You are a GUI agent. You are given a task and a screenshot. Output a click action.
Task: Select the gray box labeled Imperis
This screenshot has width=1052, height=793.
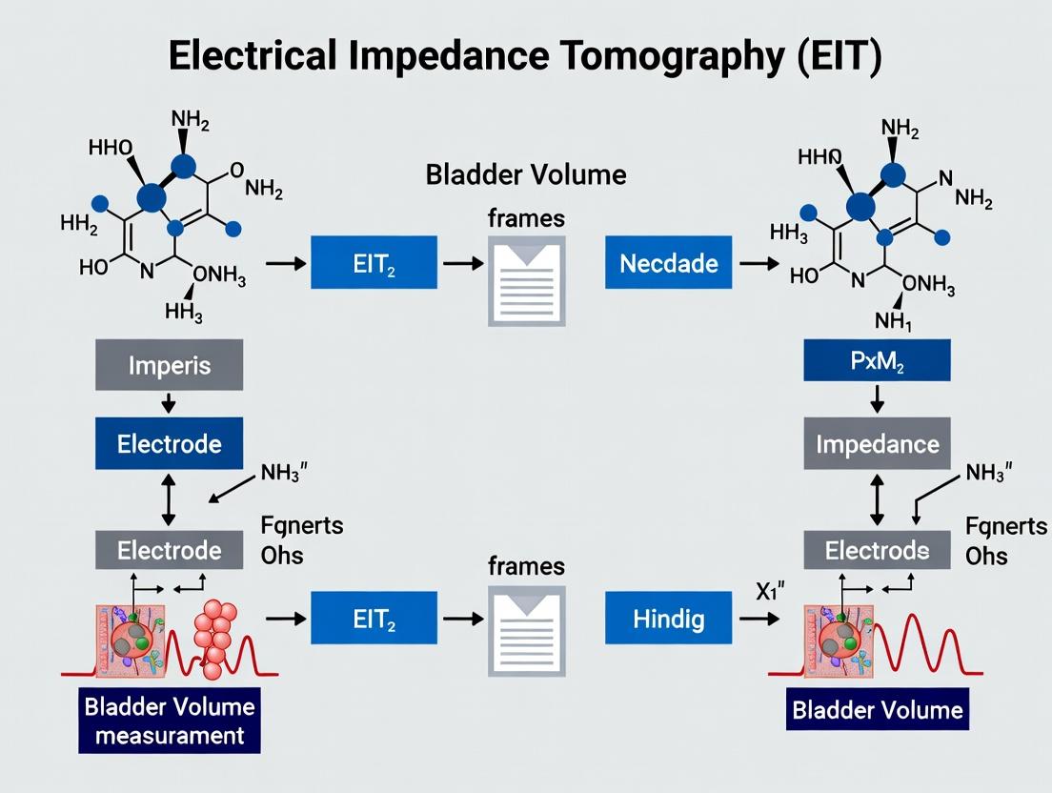coord(169,365)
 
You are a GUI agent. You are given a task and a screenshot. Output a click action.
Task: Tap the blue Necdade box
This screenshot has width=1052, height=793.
coord(668,263)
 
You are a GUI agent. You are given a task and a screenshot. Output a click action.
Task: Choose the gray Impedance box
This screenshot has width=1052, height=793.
coord(877,444)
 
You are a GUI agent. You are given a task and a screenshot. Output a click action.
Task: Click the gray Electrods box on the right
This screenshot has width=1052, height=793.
coord(877,550)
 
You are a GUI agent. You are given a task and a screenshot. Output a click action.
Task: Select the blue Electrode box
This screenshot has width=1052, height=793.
coord(169,444)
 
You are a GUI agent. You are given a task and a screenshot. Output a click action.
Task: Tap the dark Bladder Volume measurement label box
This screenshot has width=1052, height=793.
coord(169,721)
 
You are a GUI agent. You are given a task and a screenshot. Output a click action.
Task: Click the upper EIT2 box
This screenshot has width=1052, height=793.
coord(374,263)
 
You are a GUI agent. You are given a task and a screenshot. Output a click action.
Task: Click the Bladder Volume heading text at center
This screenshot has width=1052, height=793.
coord(525,174)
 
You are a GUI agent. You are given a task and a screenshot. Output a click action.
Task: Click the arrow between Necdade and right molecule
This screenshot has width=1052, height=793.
coord(759,263)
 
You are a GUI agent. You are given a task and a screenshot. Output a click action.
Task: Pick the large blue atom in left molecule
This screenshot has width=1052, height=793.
coord(152,197)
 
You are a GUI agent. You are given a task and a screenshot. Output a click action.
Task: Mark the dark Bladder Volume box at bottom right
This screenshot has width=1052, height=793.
coord(877,710)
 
